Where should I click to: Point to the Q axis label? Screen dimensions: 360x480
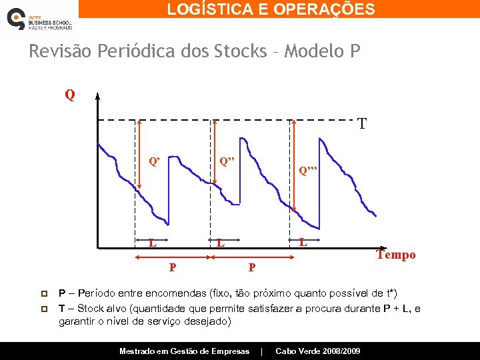click(70, 95)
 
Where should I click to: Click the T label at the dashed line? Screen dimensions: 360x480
click(361, 124)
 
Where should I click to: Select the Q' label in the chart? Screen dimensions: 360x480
click(154, 161)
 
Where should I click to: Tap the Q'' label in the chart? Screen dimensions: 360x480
click(227, 161)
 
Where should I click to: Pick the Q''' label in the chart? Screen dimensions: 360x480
click(309, 171)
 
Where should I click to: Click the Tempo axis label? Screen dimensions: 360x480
click(396, 255)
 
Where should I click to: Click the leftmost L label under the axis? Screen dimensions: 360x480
click(153, 243)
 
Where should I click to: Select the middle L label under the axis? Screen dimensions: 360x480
click(220, 243)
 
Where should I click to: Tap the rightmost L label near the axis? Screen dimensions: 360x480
click(303, 241)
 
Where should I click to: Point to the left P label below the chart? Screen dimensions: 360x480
click(173, 268)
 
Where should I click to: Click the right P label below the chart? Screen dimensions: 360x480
click(251, 268)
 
